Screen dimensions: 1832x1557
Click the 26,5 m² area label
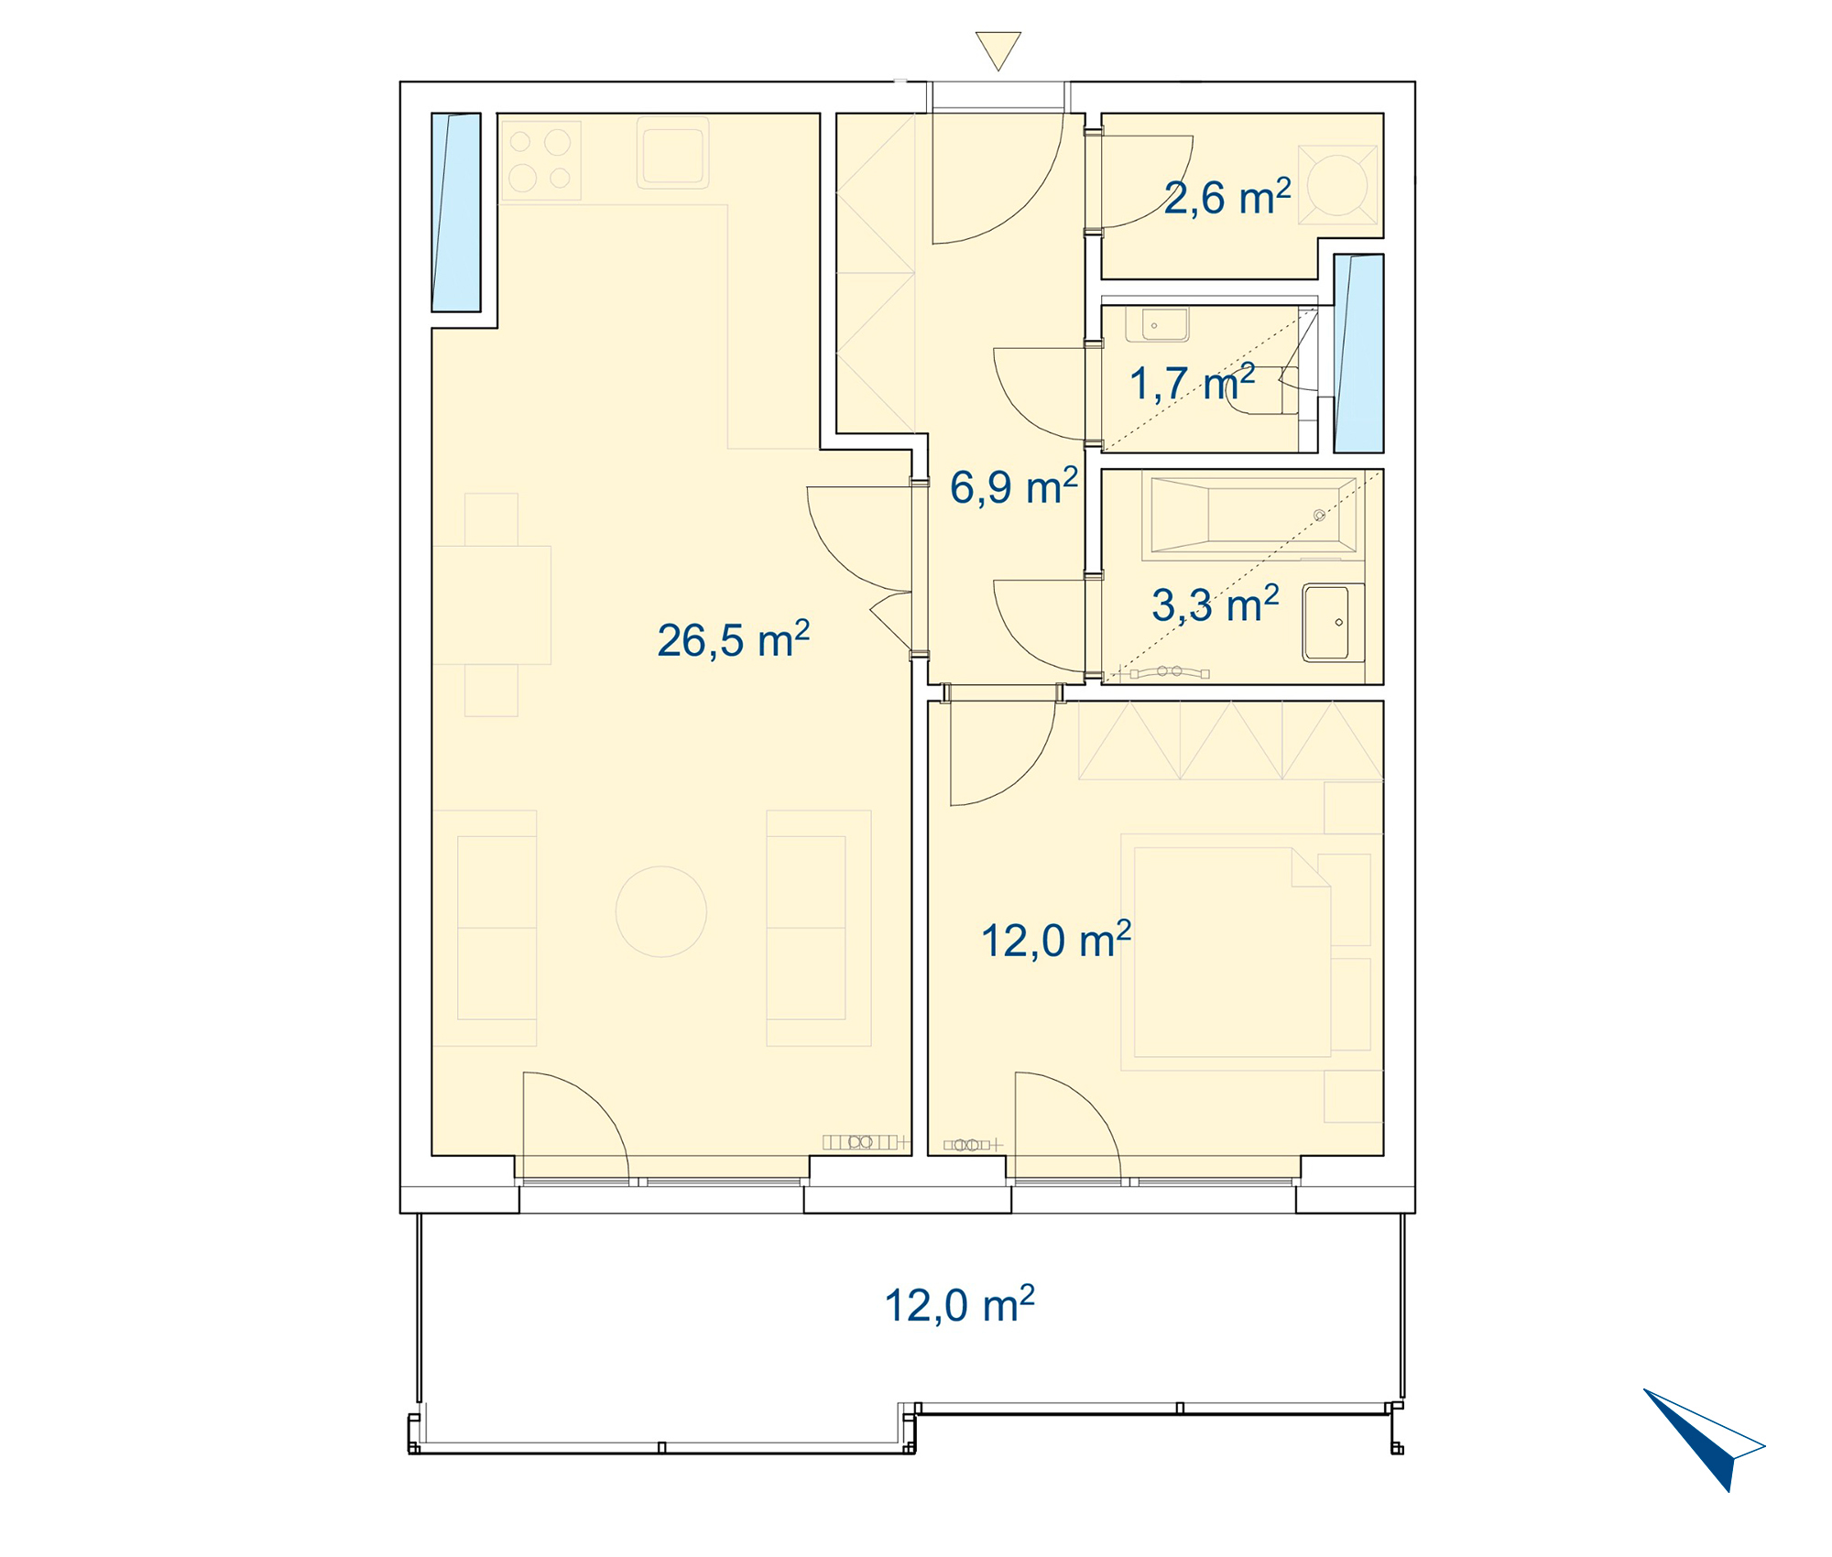point(734,639)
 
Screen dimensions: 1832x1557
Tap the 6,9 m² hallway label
point(1014,486)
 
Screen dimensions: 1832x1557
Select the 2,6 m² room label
point(1227,197)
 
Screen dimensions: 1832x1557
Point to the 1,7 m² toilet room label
point(1192,383)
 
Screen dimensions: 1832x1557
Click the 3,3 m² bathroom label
point(1216,604)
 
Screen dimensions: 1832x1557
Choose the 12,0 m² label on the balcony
point(959,1304)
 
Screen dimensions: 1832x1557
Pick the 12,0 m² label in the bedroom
point(1056,940)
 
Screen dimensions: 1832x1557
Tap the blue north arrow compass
point(1704,1439)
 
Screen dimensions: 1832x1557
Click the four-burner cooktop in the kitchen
point(541,160)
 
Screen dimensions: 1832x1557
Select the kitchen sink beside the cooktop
point(673,153)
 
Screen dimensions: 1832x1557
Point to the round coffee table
point(661,911)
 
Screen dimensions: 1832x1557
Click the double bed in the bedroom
point(1232,953)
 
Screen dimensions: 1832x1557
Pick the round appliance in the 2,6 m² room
point(1337,185)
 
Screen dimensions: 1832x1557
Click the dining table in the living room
point(492,604)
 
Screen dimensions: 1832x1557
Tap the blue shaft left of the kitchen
point(456,212)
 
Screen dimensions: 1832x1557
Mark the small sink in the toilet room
point(1157,324)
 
